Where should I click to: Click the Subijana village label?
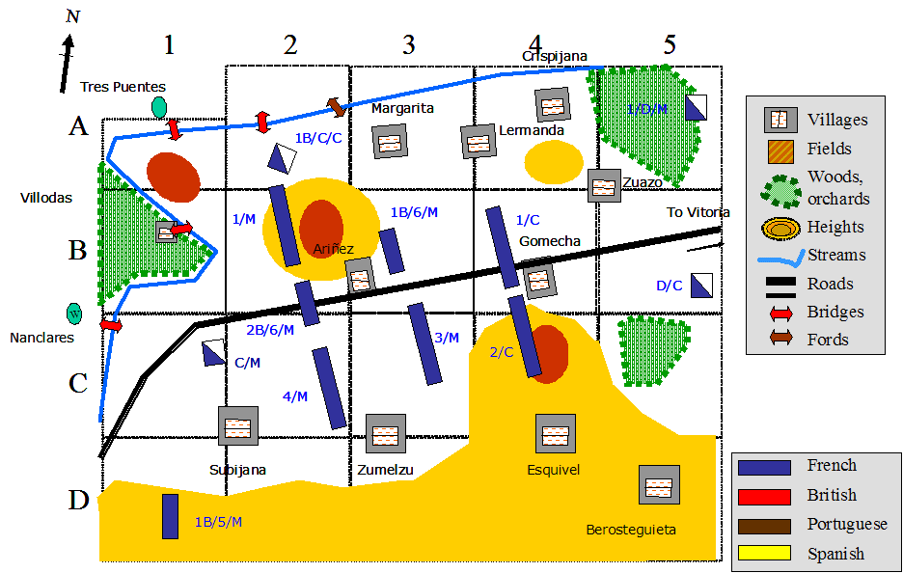[237, 470]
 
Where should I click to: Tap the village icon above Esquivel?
[556, 434]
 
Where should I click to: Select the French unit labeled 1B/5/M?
[170, 516]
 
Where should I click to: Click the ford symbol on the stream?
[336, 107]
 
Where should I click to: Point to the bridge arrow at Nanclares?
[112, 326]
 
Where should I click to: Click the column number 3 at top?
[409, 44]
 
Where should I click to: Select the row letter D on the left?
[79, 501]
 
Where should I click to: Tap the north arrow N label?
[73, 16]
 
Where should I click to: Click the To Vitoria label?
[698, 212]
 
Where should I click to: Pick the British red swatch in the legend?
[764, 495]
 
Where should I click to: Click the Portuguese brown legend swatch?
[764, 524]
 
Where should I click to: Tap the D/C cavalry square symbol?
[701, 285]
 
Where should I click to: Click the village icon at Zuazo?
[604, 185]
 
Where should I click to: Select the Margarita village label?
[402, 108]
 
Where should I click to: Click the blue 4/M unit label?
[295, 396]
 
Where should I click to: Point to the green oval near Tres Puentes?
[159, 106]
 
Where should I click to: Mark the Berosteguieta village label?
[631, 530]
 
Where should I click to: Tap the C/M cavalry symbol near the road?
[213, 352]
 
